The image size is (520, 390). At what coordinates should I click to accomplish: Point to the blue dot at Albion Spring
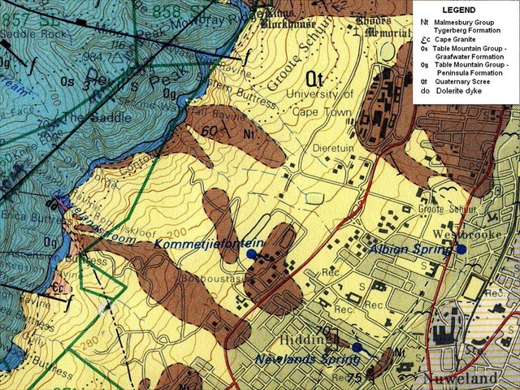(x=461, y=249)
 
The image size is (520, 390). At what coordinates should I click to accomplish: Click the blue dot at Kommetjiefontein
(x=251, y=254)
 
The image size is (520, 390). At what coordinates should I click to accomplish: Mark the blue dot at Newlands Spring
(x=357, y=347)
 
